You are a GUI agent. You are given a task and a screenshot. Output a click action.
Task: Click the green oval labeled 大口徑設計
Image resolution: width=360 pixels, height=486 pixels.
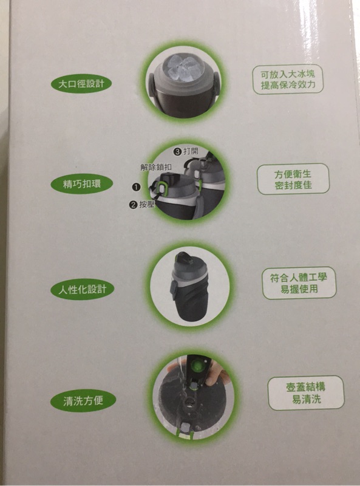(x=81, y=84)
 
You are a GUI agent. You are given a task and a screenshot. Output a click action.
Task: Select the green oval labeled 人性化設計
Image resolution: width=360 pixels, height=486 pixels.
(x=83, y=290)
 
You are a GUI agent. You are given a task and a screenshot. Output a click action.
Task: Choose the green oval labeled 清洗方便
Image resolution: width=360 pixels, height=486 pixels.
(x=83, y=400)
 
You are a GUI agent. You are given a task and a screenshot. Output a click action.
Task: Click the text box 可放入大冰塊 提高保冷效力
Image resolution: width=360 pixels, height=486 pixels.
(x=288, y=80)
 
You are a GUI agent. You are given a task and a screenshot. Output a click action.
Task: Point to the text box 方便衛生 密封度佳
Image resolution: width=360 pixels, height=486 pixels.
(x=293, y=179)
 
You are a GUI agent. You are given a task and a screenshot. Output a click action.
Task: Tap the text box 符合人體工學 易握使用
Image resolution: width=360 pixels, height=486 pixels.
(x=299, y=283)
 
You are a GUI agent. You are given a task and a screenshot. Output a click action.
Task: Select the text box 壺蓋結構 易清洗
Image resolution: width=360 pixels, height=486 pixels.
(x=306, y=392)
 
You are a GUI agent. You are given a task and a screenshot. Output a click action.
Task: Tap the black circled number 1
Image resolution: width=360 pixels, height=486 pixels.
(x=136, y=187)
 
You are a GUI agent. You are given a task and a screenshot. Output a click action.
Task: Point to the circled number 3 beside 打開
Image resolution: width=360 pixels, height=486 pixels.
(x=177, y=151)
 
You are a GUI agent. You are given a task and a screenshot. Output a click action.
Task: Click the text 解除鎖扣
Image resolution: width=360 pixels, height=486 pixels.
(x=156, y=168)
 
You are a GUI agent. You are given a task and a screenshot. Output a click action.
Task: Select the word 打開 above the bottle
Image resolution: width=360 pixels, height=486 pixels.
(x=191, y=151)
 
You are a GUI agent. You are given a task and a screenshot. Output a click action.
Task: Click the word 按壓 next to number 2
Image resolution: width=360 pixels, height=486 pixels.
(x=146, y=204)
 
